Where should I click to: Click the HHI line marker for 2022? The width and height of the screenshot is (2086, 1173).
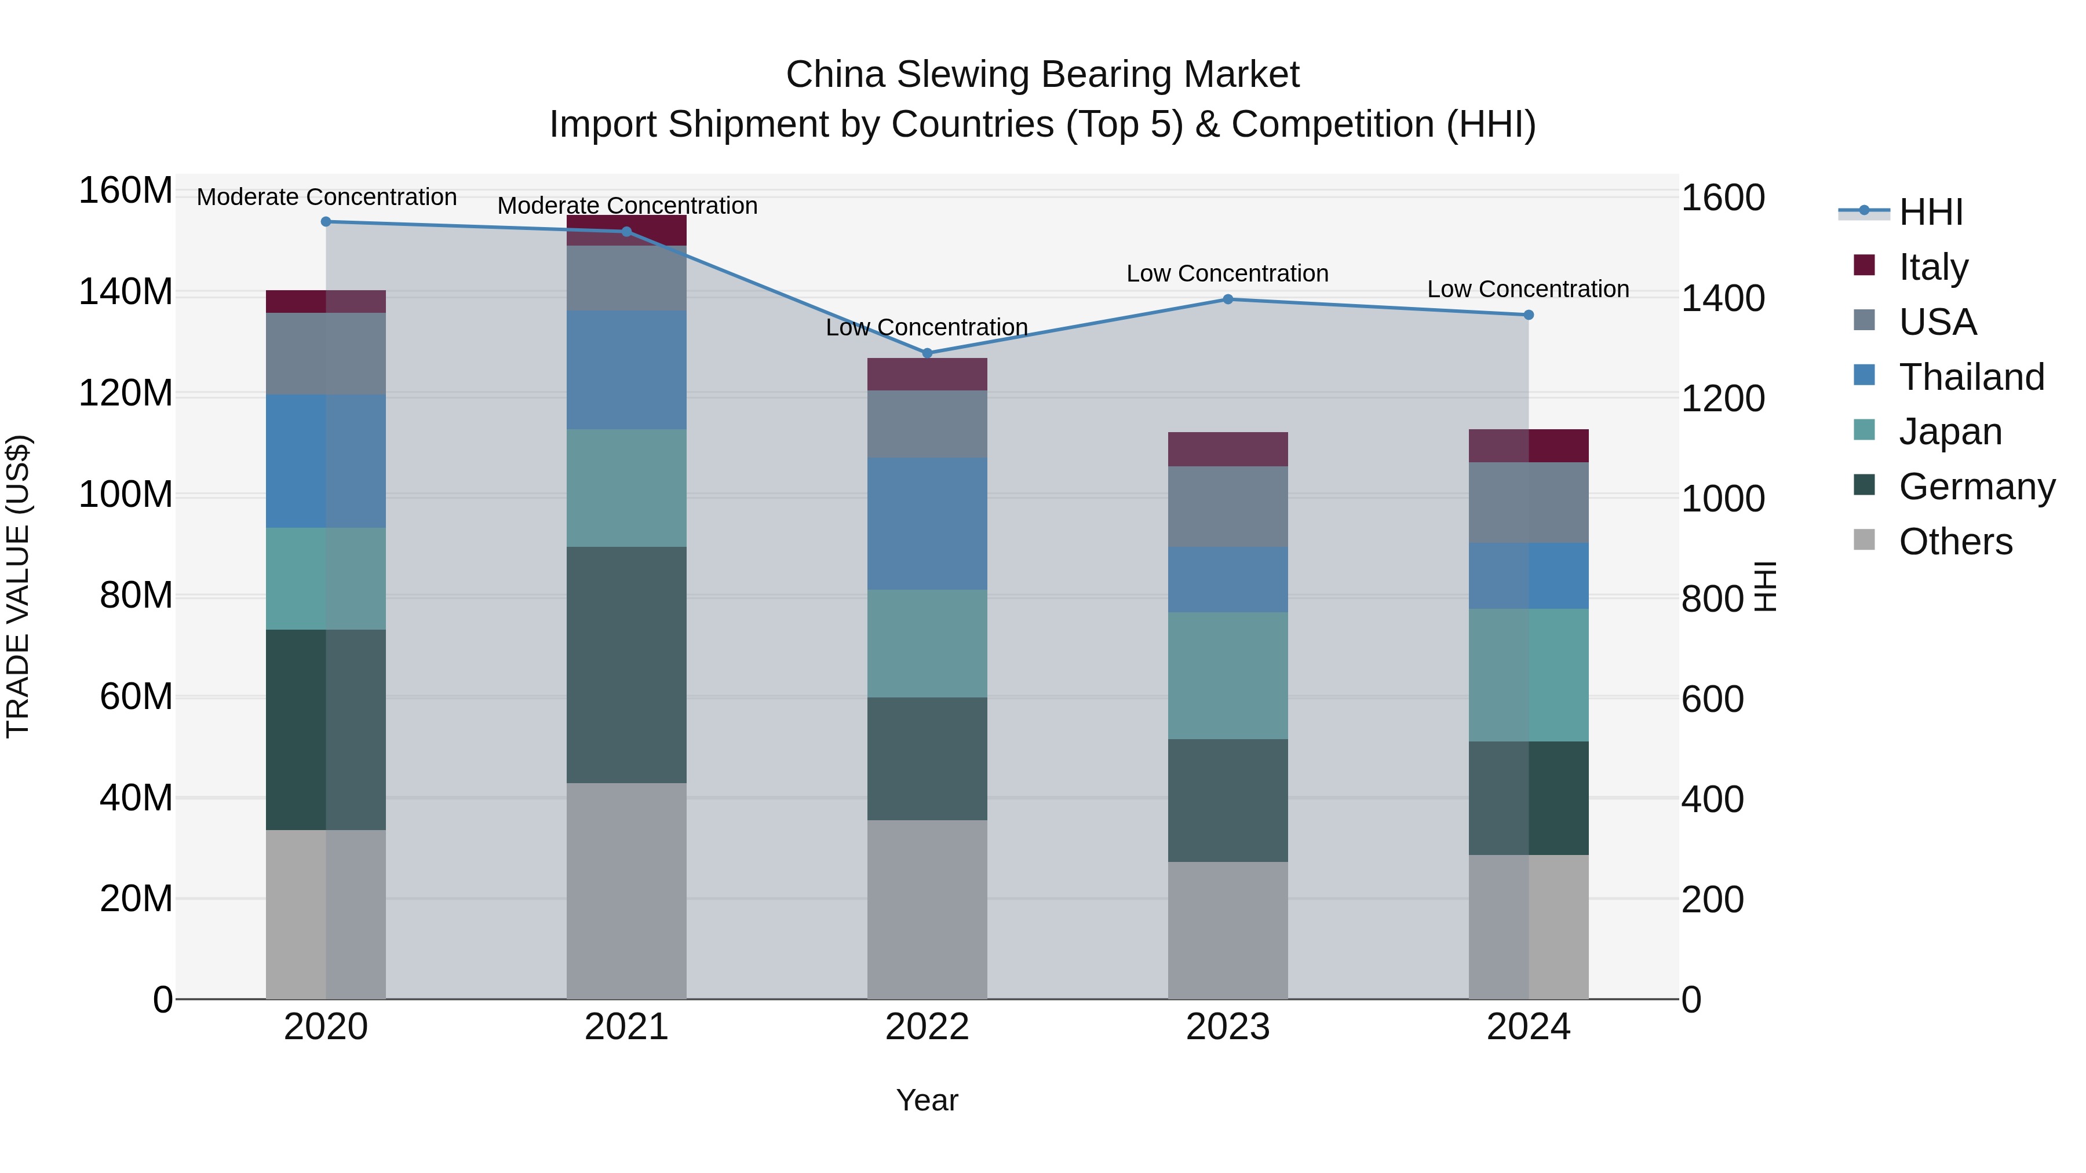pyautogui.click(x=927, y=353)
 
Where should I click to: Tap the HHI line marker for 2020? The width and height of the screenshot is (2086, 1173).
pyautogui.click(x=326, y=222)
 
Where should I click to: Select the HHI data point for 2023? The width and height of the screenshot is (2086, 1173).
pyautogui.click(x=1228, y=299)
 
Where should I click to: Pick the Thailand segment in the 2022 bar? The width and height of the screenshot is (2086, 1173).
pyautogui.click(x=927, y=523)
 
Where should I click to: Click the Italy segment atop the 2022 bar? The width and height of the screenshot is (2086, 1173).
pyautogui.click(x=927, y=374)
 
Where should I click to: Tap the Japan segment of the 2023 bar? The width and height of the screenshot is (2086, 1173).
pyautogui.click(x=1228, y=675)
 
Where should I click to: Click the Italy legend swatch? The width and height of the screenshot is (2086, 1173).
pyautogui.click(x=1864, y=265)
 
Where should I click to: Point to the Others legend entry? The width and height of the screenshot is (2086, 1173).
pyautogui.click(x=1955, y=542)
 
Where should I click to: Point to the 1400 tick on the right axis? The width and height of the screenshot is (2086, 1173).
pyautogui.click(x=1723, y=299)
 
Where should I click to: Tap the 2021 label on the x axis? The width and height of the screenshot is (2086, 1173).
pyautogui.click(x=626, y=1027)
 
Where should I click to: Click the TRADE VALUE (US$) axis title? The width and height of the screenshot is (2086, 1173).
pyautogui.click(x=18, y=586)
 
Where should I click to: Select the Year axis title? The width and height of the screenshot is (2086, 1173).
pyautogui.click(x=927, y=1100)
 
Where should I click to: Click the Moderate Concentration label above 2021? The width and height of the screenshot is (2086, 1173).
pyautogui.click(x=627, y=206)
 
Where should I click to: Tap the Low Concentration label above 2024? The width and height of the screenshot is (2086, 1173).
pyautogui.click(x=1527, y=289)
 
